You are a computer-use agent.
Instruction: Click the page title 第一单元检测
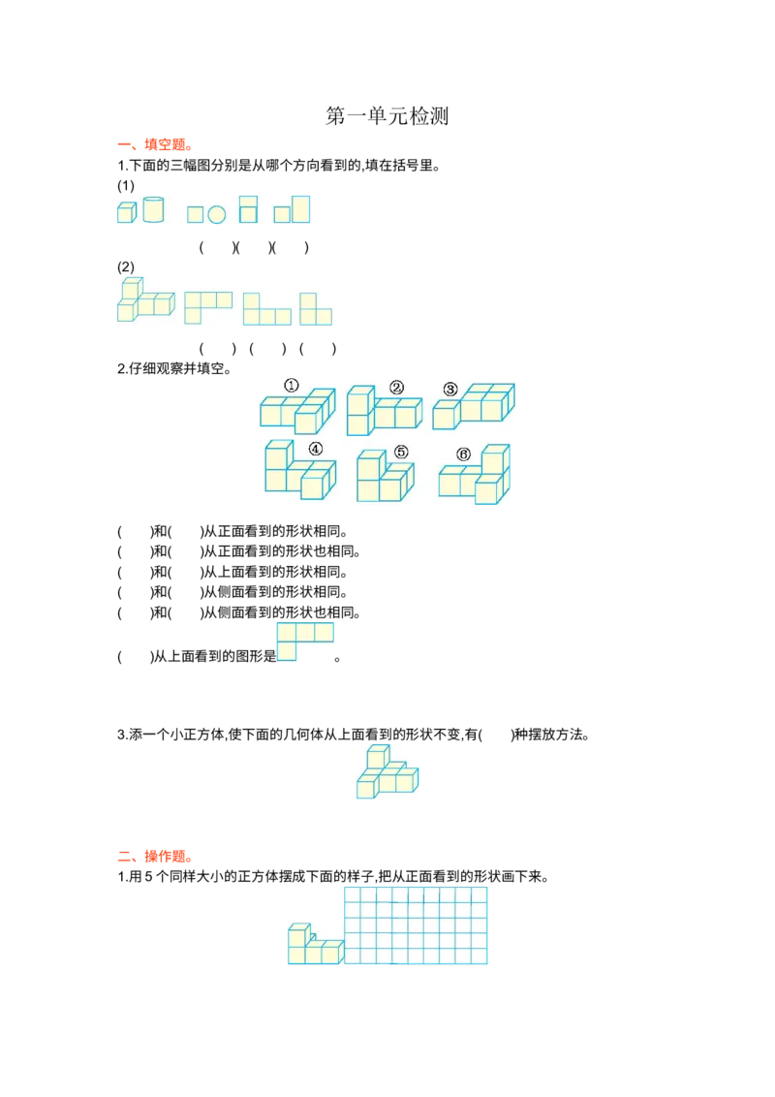click(387, 115)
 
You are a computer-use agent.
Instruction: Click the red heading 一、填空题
click(155, 144)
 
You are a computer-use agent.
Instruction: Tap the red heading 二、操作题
click(155, 857)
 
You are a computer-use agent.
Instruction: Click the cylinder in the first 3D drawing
click(153, 210)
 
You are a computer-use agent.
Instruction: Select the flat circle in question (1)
click(217, 215)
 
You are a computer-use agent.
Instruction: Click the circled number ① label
click(291, 386)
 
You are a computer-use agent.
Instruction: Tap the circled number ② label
click(396, 388)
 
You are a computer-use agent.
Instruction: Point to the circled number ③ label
click(450, 390)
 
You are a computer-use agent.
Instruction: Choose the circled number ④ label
click(316, 449)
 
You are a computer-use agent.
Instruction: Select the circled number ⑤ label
click(401, 452)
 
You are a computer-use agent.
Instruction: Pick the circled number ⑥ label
click(463, 454)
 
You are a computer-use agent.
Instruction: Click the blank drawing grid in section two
click(416, 925)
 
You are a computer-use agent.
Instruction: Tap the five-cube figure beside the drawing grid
click(316, 944)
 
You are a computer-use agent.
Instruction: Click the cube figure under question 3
click(387, 771)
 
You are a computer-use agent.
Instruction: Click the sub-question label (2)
click(126, 266)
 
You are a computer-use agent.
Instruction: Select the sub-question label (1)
click(126, 185)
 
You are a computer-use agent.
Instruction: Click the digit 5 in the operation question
click(148, 877)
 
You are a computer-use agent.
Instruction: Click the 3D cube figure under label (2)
click(145, 300)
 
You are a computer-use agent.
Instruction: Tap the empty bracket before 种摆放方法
click(496, 735)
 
